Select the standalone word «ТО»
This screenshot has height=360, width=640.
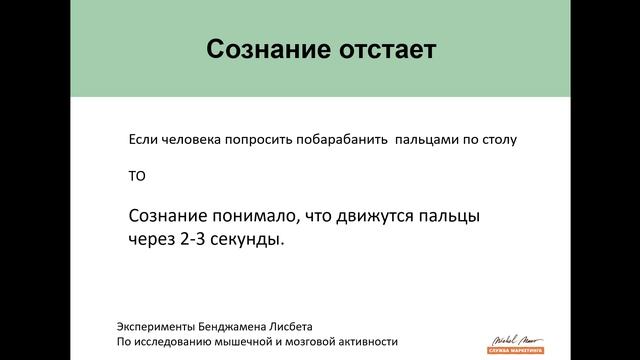pyautogui.click(x=137, y=178)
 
